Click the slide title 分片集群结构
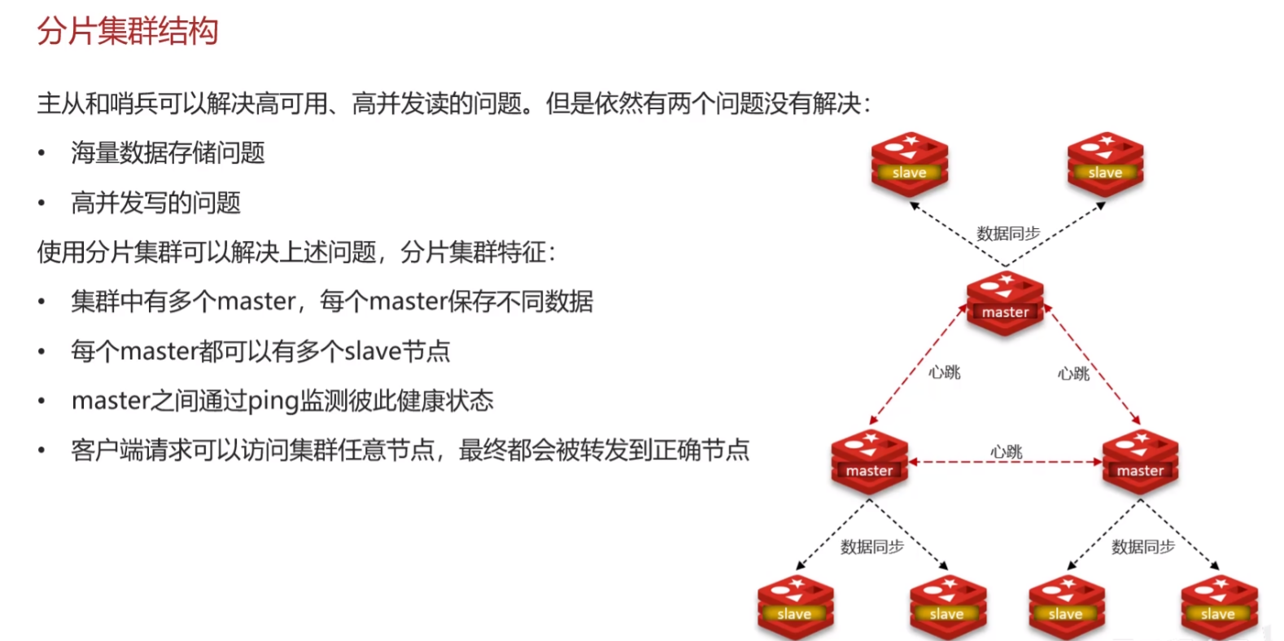[128, 30]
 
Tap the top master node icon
[1005, 304]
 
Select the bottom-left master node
[870, 462]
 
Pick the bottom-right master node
[1140, 462]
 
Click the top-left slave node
[910, 165]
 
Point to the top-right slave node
[1105, 165]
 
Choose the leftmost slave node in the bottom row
[795, 607]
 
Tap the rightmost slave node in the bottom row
[1219, 607]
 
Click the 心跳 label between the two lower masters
[1007, 451]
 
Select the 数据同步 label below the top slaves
[1008, 234]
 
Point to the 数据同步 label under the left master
[871, 547]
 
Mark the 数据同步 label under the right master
[1143, 547]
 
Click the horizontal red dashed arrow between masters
[1006, 462]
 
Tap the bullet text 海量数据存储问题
[168, 153]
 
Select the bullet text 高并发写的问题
[156, 203]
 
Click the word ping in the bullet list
[273, 401]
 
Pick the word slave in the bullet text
[373, 351]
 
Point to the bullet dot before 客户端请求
[41, 450]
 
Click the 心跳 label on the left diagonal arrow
[944, 372]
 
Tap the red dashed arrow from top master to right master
[1093, 364]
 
